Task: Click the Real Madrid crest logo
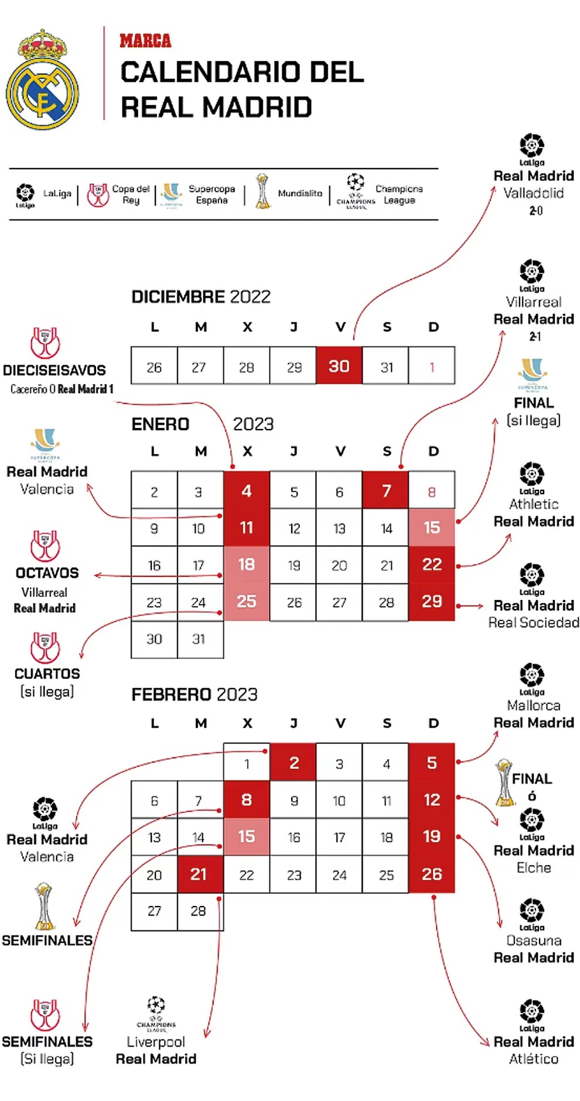[x=42, y=80]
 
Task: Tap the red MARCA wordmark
[x=145, y=41]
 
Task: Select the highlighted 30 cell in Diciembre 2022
[x=339, y=366]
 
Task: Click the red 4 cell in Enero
[x=247, y=491]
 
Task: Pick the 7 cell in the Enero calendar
[x=386, y=491]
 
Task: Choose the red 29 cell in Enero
[x=432, y=601]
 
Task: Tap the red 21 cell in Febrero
[x=199, y=874]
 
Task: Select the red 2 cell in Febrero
[x=294, y=763]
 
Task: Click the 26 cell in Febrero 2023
[x=432, y=874]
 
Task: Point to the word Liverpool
[x=156, y=1041]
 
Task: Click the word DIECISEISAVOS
[x=54, y=370]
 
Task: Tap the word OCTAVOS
[x=47, y=572]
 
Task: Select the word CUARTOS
[x=47, y=673]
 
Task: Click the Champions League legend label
[x=398, y=194]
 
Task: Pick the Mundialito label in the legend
[x=300, y=193]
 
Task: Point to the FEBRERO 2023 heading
[x=195, y=694]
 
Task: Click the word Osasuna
[x=534, y=940]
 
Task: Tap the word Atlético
[x=534, y=1058]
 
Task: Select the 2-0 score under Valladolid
[x=535, y=211]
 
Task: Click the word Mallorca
[x=534, y=705]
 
